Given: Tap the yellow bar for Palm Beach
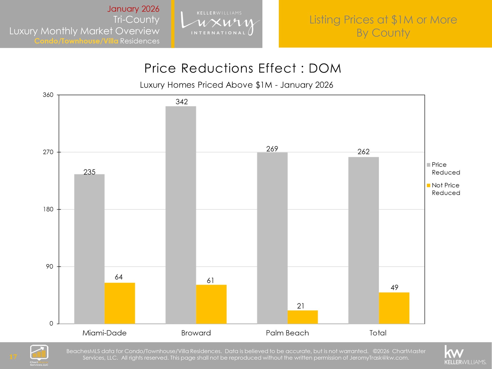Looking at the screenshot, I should pyautogui.click(x=303, y=317).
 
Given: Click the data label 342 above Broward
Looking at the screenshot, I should pyautogui.click(x=182, y=102).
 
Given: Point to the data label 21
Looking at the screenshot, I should pyautogui.click(x=301, y=306).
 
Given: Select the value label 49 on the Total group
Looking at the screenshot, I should pyautogui.click(x=394, y=288).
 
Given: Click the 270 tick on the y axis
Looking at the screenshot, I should pyautogui.click(x=48, y=152).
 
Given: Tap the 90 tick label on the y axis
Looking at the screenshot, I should pyautogui.click(x=49, y=266).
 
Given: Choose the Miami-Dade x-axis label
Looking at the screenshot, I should pyautogui.click(x=105, y=333).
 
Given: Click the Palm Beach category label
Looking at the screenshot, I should pyautogui.click(x=287, y=333).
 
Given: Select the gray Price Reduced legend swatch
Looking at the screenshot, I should pyautogui.click(x=428, y=165).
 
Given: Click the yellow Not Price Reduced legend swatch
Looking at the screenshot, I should pyautogui.click(x=428, y=185).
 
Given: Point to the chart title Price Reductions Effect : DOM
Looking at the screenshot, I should pyautogui.click(x=243, y=68).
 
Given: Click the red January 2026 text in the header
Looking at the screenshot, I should pyautogui.click(x=133, y=9).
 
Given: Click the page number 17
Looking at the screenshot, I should pyautogui.click(x=13, y=357).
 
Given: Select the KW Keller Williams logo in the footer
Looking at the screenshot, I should pyautogui.click(x=465, y=355).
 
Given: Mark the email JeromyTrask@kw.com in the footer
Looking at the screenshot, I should pyautogui.click(x=379, y=358).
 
